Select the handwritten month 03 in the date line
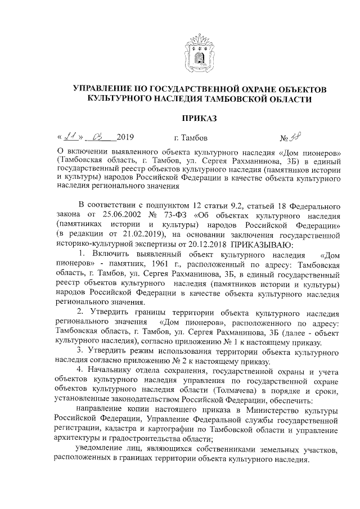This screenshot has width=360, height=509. (x=101, y=137)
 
